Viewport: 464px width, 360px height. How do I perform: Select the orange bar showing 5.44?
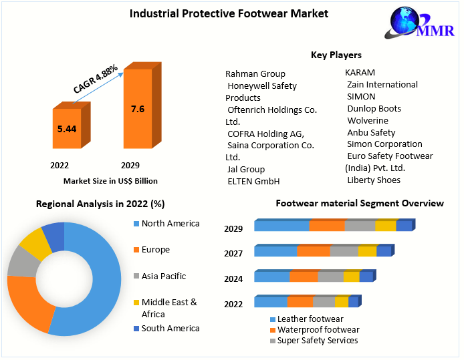(x=66, y=128)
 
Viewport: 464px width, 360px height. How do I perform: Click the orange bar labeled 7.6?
(x=137, y=110)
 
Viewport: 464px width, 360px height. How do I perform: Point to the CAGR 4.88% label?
(x=96, y=78)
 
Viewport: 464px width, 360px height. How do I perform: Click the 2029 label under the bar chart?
(x=130, y=165)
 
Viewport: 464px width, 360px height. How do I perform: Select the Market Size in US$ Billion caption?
(x=110, y=180)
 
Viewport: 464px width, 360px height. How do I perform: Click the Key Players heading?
(x=336, y=55)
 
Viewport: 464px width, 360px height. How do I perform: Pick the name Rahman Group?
(x=255, y=73)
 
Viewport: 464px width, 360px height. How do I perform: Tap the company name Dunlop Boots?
(x=374, y=108)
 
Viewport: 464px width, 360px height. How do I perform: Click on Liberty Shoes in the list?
(x=374, y=180)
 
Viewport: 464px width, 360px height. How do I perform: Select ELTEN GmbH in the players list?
(x=253, y=181)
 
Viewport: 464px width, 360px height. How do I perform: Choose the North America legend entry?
(x=170, y=224)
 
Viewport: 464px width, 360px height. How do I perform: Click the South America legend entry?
(x=170, y=328)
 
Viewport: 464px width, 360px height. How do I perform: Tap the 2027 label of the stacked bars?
(x=233, y=253)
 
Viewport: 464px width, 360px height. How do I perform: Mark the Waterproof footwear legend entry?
(x=318, y=330)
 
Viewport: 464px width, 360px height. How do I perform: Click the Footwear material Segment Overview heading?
(x=360, y=203)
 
